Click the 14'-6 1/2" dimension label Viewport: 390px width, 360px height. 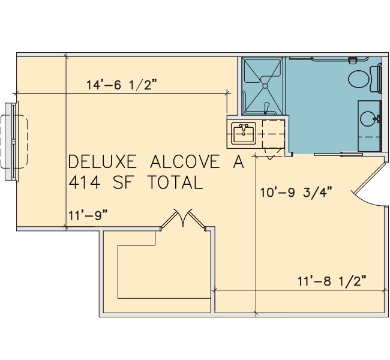(x=122, y=85)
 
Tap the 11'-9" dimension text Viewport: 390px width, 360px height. (x=88, y=215)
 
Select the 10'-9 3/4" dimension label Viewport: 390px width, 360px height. (x=296, y=192)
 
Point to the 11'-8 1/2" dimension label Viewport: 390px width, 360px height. (x=332, y=281)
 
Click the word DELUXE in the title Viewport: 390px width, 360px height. (x=103, y=162)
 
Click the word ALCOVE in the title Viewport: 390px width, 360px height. (x=185, y=162)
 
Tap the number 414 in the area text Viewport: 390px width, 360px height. (x=85, y=182)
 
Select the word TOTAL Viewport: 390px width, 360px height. (x=175, y=182)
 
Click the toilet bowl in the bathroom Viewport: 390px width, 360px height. (x=358, y=79)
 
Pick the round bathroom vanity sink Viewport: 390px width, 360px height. (x=368, y=119)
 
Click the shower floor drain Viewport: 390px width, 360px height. (x=265, y=86)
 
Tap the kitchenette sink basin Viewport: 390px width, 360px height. (x=244, y=134)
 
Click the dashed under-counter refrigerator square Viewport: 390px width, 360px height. (x=274, y=134)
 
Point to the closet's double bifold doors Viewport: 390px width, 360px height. (x=183, y=219)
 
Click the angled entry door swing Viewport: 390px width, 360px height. (x=370, y=184)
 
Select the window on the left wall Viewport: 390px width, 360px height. (x=11, y=142)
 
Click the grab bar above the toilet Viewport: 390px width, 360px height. (x=340, y=59)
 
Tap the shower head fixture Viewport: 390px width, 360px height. (x=266, y=108)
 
